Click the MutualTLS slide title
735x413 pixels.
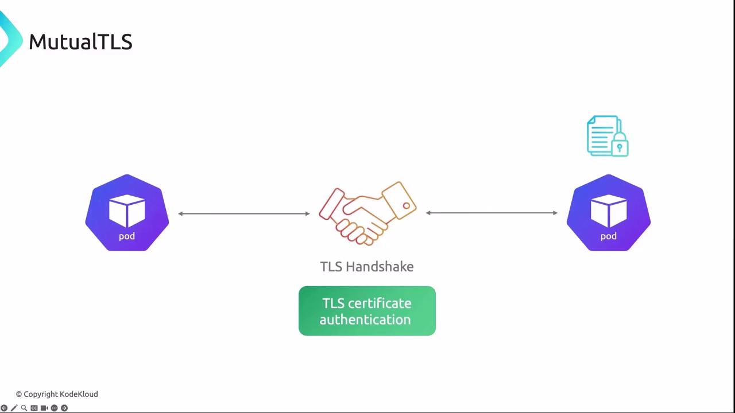point(80,42)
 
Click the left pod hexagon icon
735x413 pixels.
point(127,213)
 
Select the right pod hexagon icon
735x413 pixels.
point(608,213)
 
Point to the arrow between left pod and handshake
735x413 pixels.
point(244,213)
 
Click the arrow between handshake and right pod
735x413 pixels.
point(492,213)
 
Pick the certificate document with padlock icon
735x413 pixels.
point(606,136)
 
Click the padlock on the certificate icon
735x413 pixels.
point(620,146)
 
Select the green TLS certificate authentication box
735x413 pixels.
point(367,311)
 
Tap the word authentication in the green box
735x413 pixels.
point(365,320)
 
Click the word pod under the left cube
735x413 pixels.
point(127,236)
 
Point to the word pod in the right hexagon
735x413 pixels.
point(608,236)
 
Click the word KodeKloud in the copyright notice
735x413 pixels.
point(79,394)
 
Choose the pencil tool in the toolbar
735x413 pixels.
point(14,408)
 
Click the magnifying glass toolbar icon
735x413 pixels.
point(24,408)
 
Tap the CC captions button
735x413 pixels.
point(34,408)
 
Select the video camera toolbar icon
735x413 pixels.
point(44,408)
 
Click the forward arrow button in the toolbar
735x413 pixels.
point(64,408)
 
